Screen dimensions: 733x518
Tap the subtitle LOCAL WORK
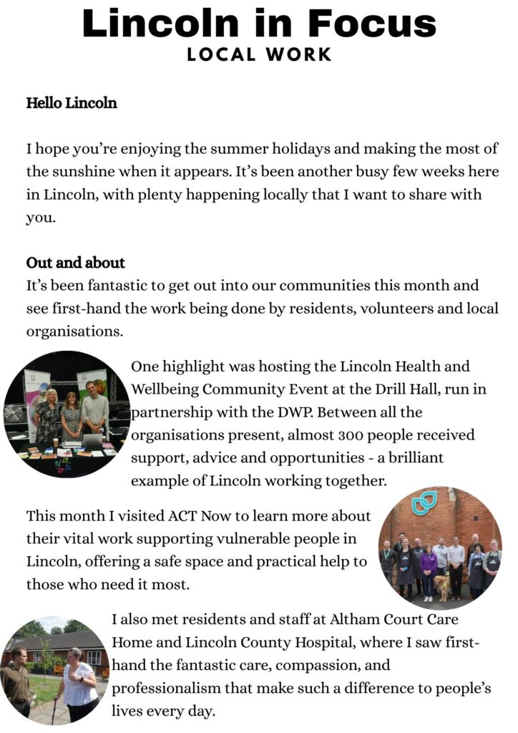(x=259, y=54)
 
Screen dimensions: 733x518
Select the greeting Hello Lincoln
(x=72, y=103)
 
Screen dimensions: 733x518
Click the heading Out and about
(x=76, y=262)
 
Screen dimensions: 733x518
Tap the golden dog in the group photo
(x=441, y=586)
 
